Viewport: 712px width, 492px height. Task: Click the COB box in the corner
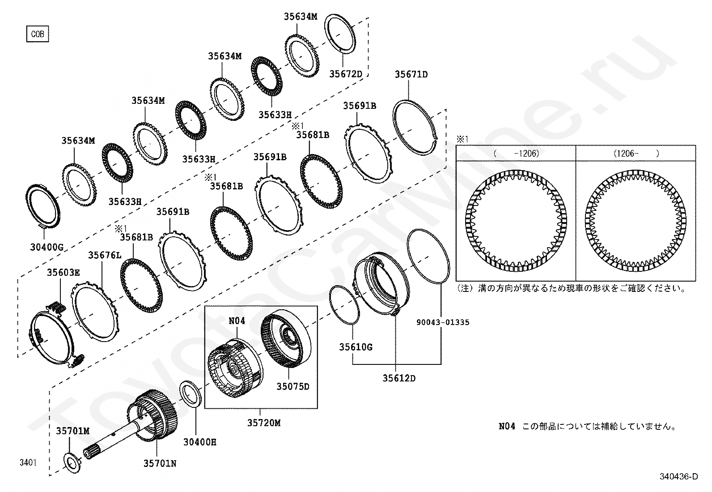point(38,34)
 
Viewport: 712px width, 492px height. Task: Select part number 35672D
point(345,74)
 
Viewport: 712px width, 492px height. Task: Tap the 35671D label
point(411,74)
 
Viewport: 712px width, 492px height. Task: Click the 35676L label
point(105,255)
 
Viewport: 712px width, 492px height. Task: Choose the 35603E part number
point(64,272)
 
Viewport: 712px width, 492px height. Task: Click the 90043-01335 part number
point(442,322)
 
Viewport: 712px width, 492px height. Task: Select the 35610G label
point(356,347)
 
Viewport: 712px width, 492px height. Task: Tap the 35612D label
point(399,378)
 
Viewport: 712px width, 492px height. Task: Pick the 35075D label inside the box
point(292,386)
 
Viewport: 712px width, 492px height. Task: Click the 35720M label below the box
point(263,423)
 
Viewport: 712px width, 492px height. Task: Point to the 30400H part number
point(199,442)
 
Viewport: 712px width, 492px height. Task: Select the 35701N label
point(160,464)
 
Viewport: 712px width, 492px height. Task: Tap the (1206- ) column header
point(636,153)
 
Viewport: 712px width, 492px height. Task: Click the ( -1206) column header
point(516,153)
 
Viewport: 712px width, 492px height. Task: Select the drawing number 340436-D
point(678,477)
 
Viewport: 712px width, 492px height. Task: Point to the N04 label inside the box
point(237,321)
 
